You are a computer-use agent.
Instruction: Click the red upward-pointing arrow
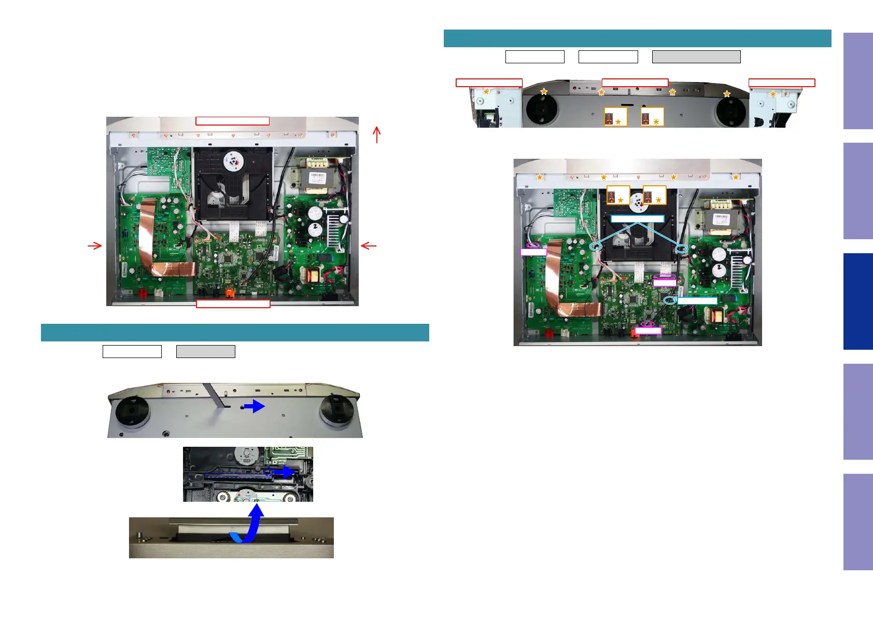(x=377, y=135)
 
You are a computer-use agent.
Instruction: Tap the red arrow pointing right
(x=95, y=245)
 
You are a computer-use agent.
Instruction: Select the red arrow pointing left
(x=368, y=245)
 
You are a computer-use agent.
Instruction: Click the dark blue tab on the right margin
(x=857, y=301)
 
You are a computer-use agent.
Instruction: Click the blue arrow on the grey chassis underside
(x=255, y=406)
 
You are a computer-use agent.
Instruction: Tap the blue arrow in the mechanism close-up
(x=285, y=472)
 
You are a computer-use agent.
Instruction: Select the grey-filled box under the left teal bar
(x=205, y=351)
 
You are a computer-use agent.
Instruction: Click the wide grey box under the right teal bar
(x=696, y=57)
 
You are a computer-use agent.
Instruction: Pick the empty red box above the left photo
(x=232, y=121)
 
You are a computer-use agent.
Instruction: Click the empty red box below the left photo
(x=233, y=304)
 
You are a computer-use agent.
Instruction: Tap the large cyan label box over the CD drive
(x=637, y=219)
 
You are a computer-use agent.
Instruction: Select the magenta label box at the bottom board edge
(x=648, y=331)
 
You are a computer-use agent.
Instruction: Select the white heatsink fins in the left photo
(x=333, y=228)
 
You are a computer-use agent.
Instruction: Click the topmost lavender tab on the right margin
(x=857, y=81)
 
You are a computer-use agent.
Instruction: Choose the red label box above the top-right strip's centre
(x=635, y=83)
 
